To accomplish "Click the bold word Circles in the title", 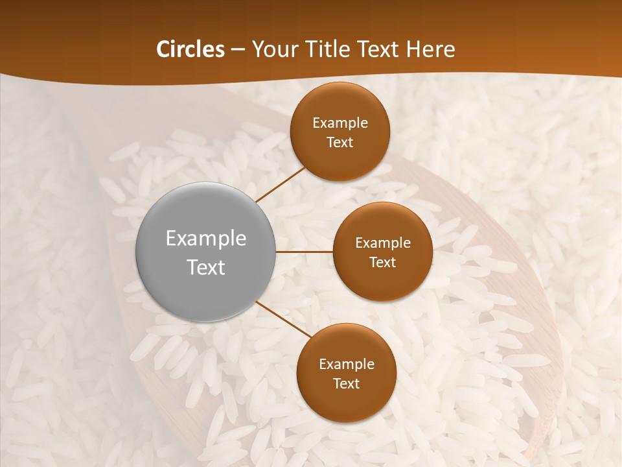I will click(x=190, y=49).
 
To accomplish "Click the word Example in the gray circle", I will click(x=206, y=239).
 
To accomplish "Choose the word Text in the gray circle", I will click(x=206, y=267).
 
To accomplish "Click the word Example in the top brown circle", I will click(x=340, y=123).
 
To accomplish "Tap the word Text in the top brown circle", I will click(x=340, y=142).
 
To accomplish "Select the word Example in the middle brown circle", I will click(x=383, y=243).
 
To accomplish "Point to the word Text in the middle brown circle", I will click(x=383, y=262).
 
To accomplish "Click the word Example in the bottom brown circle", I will click(x=347, y=364).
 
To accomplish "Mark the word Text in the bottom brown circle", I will click(x=347, y=383).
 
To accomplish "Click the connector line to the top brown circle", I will click(x=280, y=184).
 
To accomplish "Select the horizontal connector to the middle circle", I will click(x=305, y=252).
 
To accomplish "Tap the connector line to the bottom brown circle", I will click(x=283, y=319).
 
